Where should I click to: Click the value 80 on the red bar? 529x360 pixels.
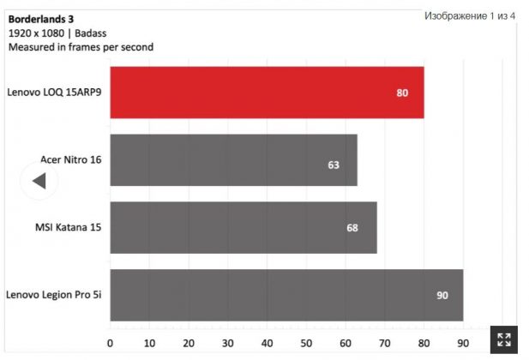point(402,93)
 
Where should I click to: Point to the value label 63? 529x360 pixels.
point(334,164)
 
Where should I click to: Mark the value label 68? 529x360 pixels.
point(352,228)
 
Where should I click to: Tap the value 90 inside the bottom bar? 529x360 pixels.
point(442,296)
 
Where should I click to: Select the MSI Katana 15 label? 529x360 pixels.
point(68,227)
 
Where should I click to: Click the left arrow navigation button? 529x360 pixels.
point(38,181)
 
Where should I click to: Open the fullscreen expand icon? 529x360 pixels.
point(504,339)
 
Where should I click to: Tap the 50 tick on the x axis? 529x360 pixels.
point(306,343)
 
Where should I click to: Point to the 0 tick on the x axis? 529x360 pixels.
point(110,343)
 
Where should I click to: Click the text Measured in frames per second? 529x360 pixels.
point(81,47)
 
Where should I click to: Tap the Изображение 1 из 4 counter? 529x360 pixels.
point(470,16)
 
